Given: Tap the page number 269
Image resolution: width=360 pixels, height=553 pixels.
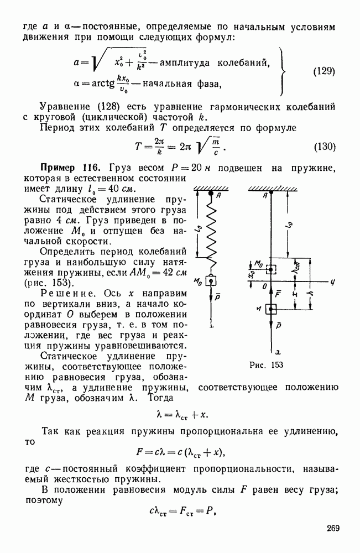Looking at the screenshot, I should coord(332,528).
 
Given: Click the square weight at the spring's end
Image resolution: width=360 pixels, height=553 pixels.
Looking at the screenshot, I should coord(211,281).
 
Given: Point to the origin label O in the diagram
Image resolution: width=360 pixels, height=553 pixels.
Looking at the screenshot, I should coord(264,286).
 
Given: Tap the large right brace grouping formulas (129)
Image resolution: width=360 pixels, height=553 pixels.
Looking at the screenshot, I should coord(283,71).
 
